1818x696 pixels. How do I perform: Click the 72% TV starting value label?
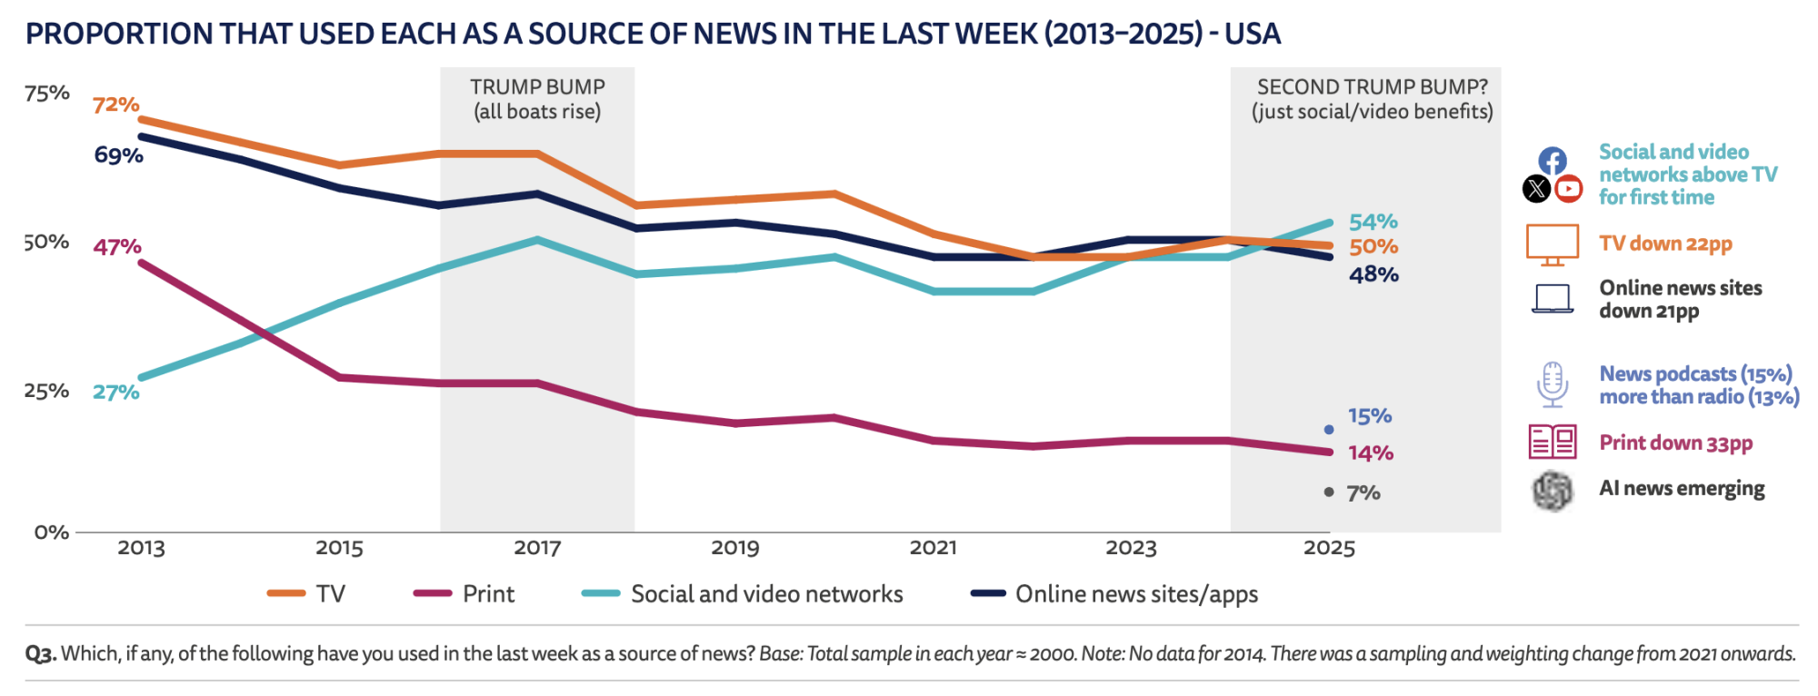click(115, 104)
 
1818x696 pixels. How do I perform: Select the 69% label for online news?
click(118, 155)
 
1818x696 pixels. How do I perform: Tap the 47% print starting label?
click(116, 246)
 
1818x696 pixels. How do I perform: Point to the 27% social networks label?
click(115, 393)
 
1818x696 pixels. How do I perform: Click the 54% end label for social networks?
click(1373, 222)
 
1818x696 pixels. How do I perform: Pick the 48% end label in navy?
click(1373, 274)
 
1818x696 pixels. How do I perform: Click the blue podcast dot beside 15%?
click(1329, 429)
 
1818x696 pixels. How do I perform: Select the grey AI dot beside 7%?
click(1329, 492)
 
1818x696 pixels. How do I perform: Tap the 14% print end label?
click(1370, 453)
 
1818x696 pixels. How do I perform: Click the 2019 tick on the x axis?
click(734, 548)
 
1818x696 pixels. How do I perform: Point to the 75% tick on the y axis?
click(47, 94)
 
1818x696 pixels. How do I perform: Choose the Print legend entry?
click(488, 594)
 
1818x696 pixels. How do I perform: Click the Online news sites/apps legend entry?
click(1136, 594)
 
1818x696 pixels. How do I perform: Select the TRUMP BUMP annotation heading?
click(537, 87)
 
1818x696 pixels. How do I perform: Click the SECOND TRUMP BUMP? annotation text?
click(1372, 87)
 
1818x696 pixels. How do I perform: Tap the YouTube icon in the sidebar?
click(1568, 189)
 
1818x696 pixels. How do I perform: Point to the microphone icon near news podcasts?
click(1552, 384)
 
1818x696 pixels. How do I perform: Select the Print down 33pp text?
click(1675, 443)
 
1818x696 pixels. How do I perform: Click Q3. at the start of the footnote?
click(41, 654)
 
